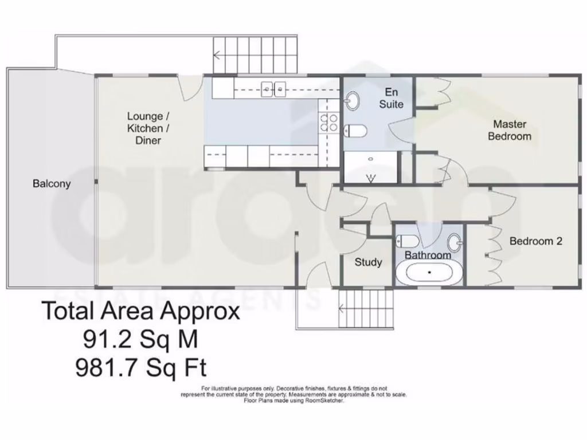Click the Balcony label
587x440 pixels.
[x=52, y=184]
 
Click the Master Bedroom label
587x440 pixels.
[x=509, y=130]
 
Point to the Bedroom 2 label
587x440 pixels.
[x=535, y=241]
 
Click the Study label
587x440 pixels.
[x=368, y=262]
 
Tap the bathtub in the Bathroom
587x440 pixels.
[x=429, y=273]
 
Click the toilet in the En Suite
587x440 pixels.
[x=355, y=131]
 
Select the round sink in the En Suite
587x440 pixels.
[x=352, y=102]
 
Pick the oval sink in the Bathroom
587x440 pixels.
[x=456, y=243]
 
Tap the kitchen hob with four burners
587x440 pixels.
[x=328, y=121]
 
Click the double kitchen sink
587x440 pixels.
[x=274, y=88]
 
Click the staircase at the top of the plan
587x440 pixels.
[x=256, y=55]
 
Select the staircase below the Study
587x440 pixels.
[x=367, y=309]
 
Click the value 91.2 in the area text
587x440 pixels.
[x=108, y=340]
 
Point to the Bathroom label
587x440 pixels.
[x=428, y=255]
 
